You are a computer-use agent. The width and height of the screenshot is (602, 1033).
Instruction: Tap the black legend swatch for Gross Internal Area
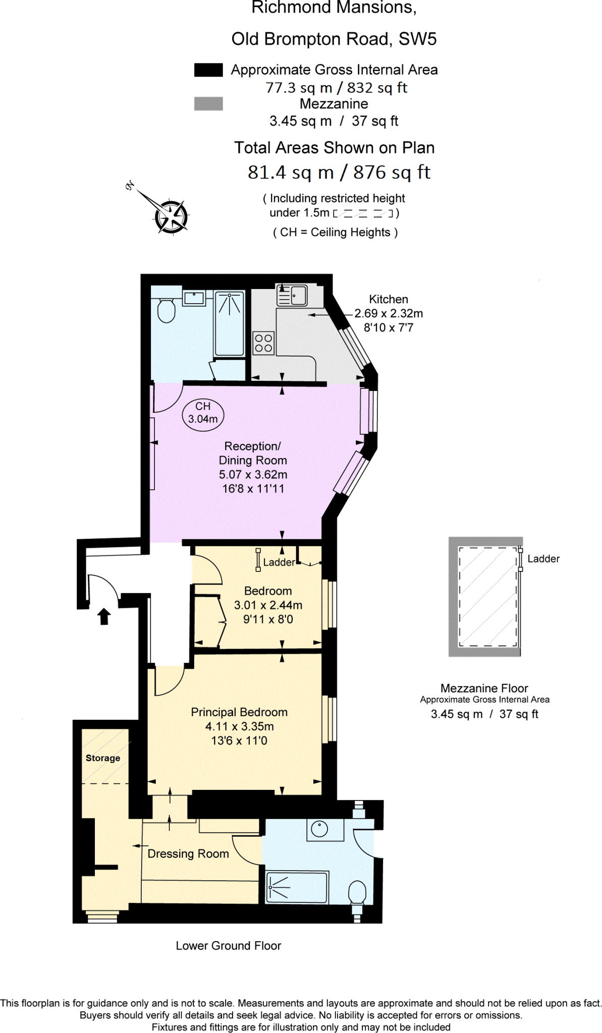[208, 70]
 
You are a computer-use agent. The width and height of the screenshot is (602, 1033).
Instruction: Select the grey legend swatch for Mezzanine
[208, 104]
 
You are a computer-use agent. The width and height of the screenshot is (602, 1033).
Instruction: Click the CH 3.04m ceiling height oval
[203, 413]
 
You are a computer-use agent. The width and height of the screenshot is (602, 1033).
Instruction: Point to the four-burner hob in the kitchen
[263, 343]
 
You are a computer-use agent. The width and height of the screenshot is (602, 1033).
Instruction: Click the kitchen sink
[292, 296]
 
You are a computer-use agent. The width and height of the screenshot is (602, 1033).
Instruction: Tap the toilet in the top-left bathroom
[166, 310]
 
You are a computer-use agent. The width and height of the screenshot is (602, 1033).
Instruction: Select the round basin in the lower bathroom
[320, 829]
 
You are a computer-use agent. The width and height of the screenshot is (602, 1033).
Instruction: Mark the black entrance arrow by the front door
[104, 616]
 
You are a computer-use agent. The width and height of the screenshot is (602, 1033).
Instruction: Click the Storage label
[103, 758]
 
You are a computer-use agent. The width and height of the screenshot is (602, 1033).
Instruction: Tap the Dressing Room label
[188, 853]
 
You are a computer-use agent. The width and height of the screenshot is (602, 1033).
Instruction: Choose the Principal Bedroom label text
[239, 712]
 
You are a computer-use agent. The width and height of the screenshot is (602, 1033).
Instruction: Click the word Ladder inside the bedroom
[279, 562]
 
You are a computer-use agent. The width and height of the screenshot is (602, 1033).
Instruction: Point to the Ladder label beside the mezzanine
[543, 559]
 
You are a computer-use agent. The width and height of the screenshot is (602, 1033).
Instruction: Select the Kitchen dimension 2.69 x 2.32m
[389, 313]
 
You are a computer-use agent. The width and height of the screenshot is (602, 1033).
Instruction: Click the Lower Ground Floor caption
[228, 946]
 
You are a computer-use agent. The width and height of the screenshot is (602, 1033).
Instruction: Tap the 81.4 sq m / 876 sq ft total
[339, 173]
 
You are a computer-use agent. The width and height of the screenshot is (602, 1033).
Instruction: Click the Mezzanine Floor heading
[484, 688]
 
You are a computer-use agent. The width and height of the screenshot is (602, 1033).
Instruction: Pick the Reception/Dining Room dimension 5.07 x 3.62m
[253, 475]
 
